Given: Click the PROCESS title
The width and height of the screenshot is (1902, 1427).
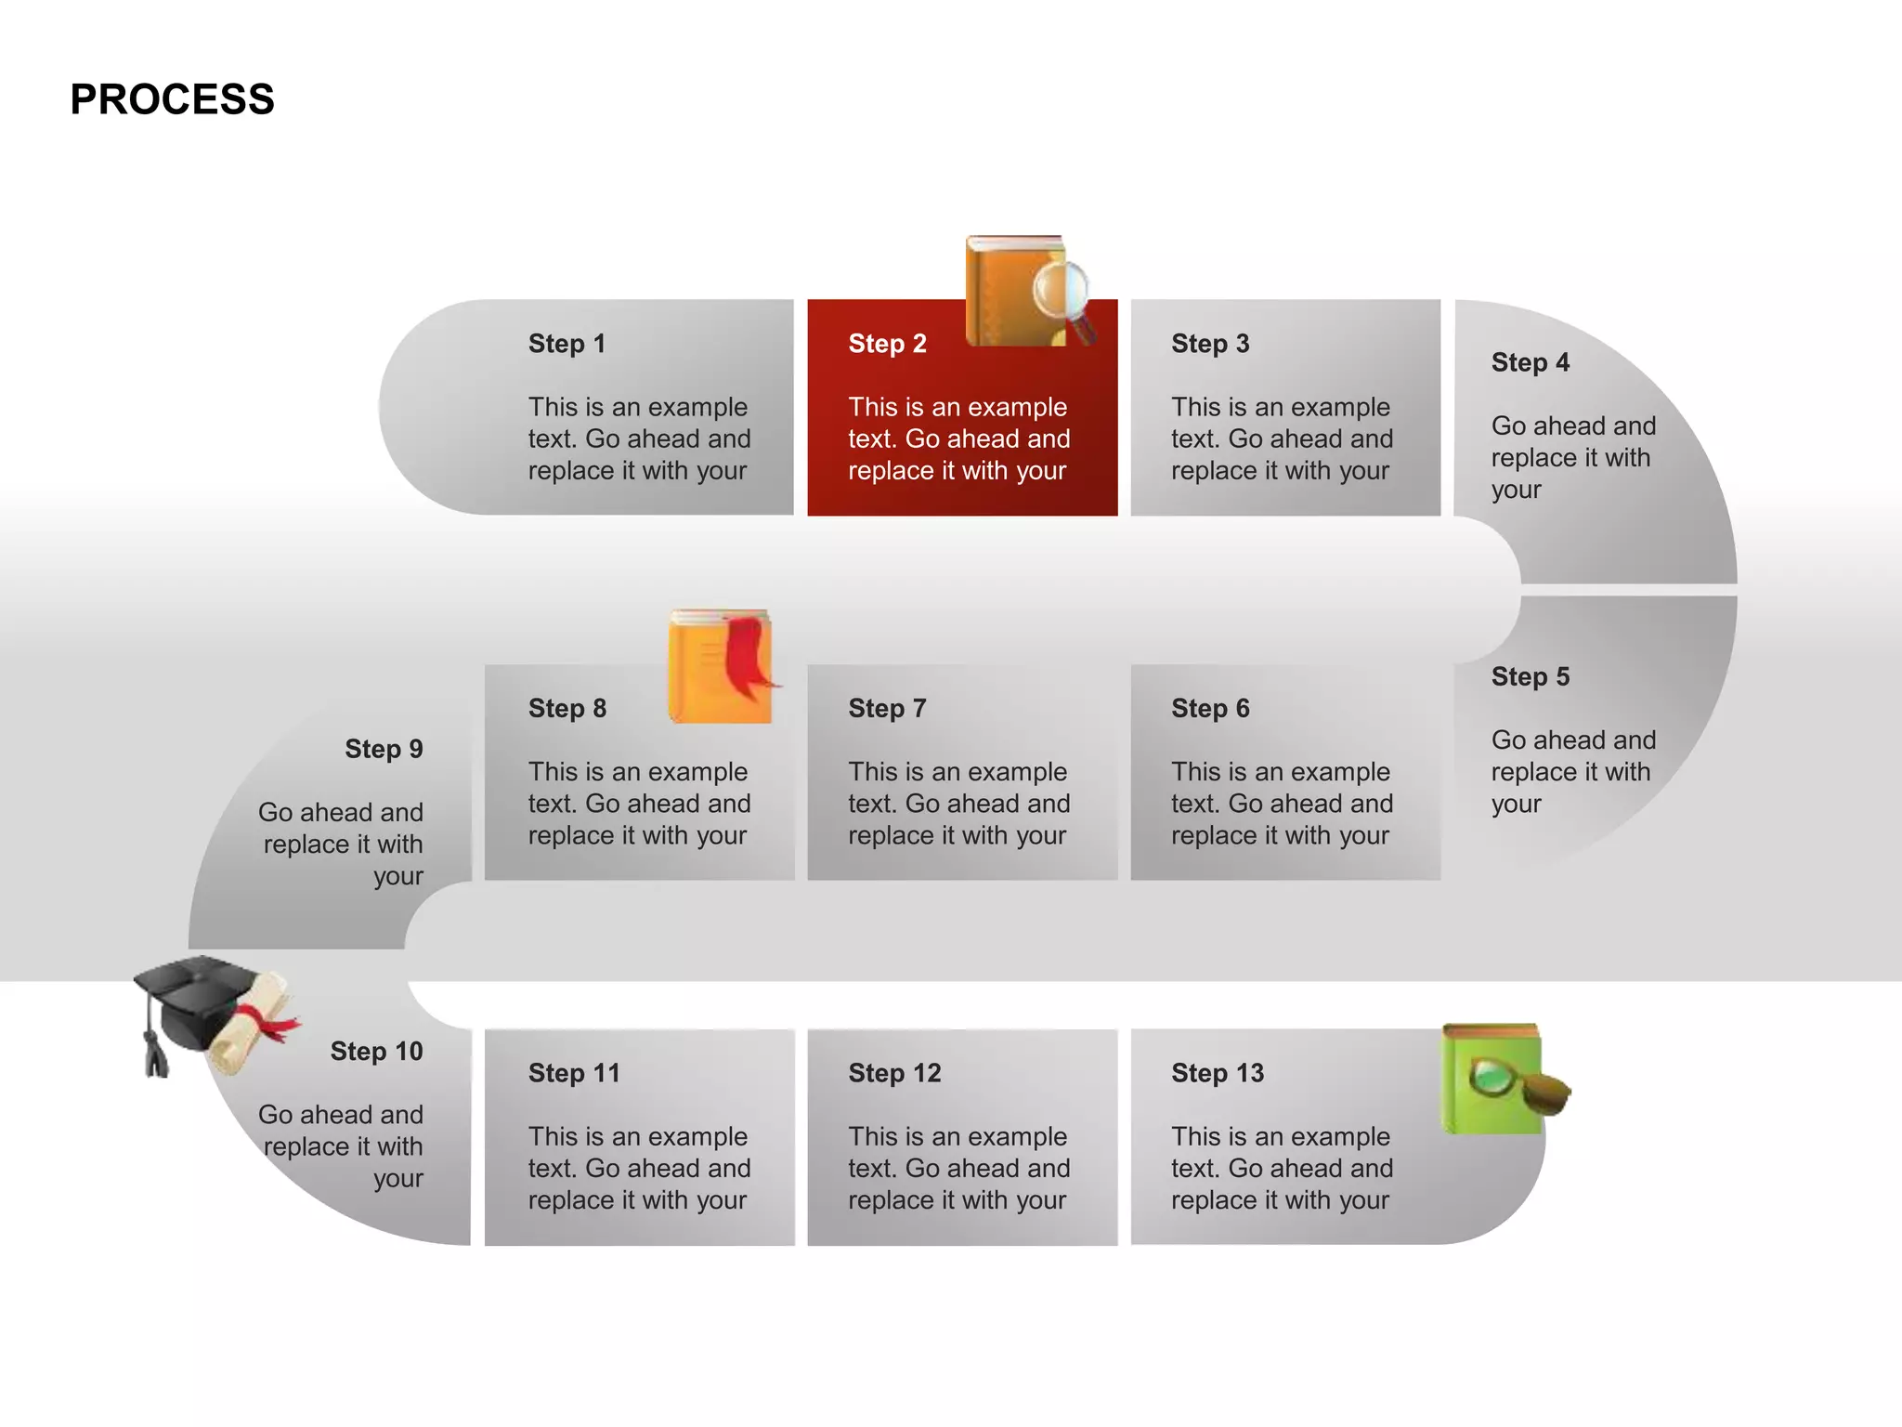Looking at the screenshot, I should click(172, 99).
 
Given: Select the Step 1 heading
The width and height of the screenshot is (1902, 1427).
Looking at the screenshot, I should click(567, 344).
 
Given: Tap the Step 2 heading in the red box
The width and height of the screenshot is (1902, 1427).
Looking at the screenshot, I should click(887, 344).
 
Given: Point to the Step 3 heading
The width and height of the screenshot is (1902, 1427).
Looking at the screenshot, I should click(1210, 344).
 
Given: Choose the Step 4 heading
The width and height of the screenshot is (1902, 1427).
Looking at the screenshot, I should click(1530, 362).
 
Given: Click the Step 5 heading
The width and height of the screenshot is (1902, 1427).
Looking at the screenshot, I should click(1530, 676).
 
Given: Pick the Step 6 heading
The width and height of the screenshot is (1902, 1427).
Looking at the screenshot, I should click(1210, 709).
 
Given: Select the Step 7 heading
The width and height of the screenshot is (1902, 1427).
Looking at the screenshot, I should click(887, 709).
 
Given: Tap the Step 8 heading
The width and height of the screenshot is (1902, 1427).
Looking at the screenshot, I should click(567, 709).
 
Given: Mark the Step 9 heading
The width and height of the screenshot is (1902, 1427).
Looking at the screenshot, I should click(384, 749).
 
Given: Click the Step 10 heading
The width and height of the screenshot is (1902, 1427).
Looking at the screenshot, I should click(376, 1052).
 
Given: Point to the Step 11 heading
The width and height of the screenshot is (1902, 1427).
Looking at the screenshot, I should click(574, 1073).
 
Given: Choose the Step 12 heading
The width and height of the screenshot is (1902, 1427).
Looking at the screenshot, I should click(894, 1073).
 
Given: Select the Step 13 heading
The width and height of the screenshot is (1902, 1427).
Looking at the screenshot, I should click(1218, 1073).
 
